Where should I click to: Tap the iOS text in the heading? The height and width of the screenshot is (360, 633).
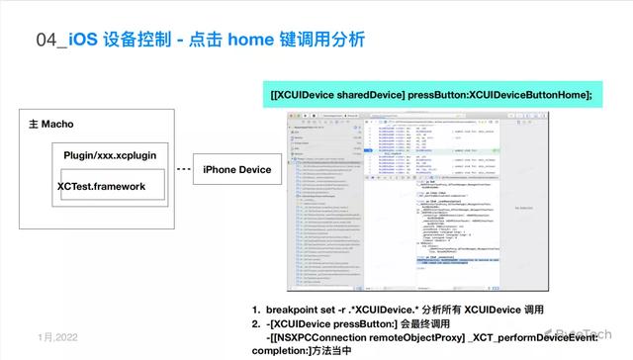pyautogui.click(x=84, y=41)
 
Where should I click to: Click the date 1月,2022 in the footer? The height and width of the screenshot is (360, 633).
pyautogui.click(x=56, y=337)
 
